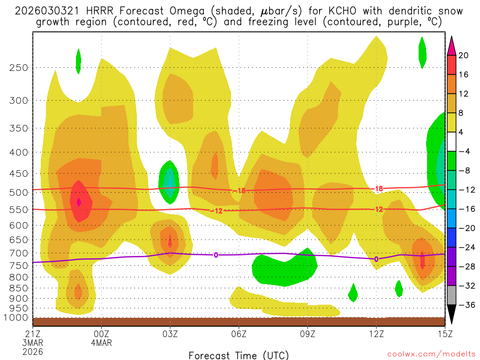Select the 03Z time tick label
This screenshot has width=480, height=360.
click(x=170, y=334)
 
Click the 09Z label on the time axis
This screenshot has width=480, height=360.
click(x=307, y=334)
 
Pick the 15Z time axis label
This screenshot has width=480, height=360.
click(x=445, y=334)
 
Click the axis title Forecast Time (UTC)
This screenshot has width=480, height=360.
click(x=239, y=355)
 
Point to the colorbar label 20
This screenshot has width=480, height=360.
click(x=464, y=55)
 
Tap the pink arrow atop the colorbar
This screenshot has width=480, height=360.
click(x=451, y=45)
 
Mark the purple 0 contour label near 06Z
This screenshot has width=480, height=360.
click(x=216, y=255)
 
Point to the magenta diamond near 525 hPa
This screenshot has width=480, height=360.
click(x=79, y=202)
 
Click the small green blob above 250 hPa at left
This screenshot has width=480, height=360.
click(x=78, y=60)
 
